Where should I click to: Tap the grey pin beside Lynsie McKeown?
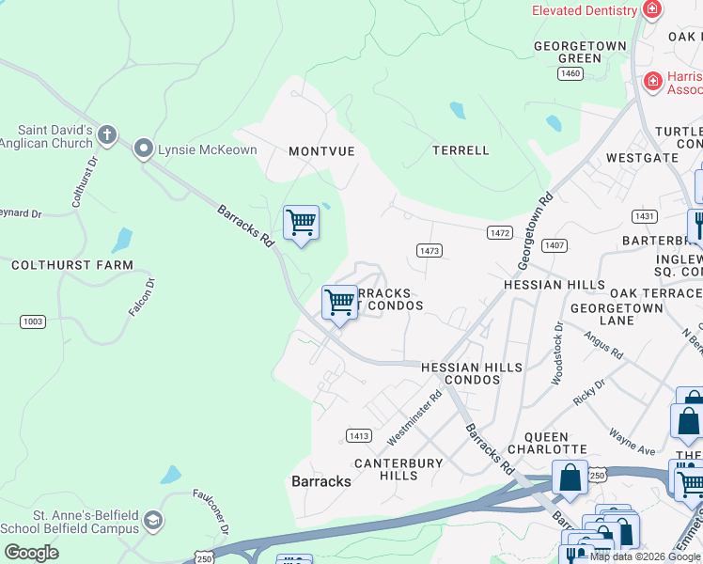point(144,149)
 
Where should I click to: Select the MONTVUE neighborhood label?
point(322,151)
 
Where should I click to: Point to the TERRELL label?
point(461,150)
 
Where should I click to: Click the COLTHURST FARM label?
point(72,266)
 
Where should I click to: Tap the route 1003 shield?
point(33,321)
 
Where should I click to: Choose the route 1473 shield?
point(430,250)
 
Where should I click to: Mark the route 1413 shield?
point(358,435)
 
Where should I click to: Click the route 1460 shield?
point(570,73)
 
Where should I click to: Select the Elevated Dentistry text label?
point(584,10)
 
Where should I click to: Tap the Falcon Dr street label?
point(143,296)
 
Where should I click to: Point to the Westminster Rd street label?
point(414,419)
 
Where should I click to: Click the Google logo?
point(31,552)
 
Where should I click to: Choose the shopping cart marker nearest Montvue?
point(301,224)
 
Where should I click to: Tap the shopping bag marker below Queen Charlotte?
point(570,478)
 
